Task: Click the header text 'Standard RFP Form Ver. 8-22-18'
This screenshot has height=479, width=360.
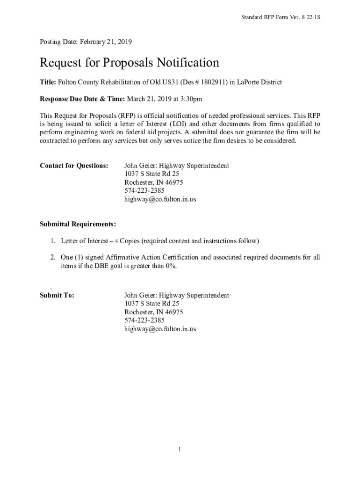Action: pyautogui.click(x=280, y=17)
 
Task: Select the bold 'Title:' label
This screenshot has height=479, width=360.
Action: pyautogui.click(x=48, y=82)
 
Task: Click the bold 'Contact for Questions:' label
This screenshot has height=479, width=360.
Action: pyautogui.click(x=74, y=166)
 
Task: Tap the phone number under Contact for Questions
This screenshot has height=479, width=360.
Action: pyautogui.click(x=144, y=191)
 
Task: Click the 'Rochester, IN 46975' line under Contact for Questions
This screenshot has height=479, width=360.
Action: pyautogui.click(x=153, y=182)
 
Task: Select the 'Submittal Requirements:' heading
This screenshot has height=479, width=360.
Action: pyautogui.click(x=78, y=224)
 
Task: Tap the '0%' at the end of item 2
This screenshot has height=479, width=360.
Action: pyautogui.click(x=171, y=266)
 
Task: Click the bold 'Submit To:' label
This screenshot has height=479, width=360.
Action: pyautogui.click(x=57, y=296)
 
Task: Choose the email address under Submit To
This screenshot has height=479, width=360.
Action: pyautogui.click(x=160, y=329)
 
